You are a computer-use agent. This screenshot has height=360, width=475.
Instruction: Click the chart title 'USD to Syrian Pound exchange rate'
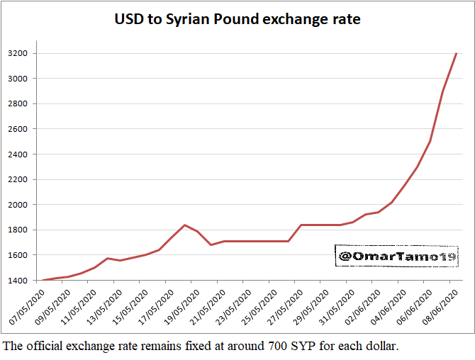[238, 19]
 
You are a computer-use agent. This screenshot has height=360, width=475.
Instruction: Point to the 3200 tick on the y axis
[18, 53]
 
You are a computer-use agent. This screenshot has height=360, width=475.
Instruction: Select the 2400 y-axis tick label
[18, 154]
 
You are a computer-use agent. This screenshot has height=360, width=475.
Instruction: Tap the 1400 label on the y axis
[18, 281]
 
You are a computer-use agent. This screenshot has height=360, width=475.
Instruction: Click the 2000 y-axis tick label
[18, 205]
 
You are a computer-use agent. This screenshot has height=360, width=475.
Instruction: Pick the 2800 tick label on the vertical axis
[18, 104]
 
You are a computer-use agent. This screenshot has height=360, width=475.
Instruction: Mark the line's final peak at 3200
[457, 53]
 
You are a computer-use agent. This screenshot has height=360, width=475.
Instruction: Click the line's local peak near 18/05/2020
[185, 225]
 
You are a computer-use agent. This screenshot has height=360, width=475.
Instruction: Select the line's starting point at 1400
[43, 280]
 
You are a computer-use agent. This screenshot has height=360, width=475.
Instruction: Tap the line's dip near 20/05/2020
[211, 244]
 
